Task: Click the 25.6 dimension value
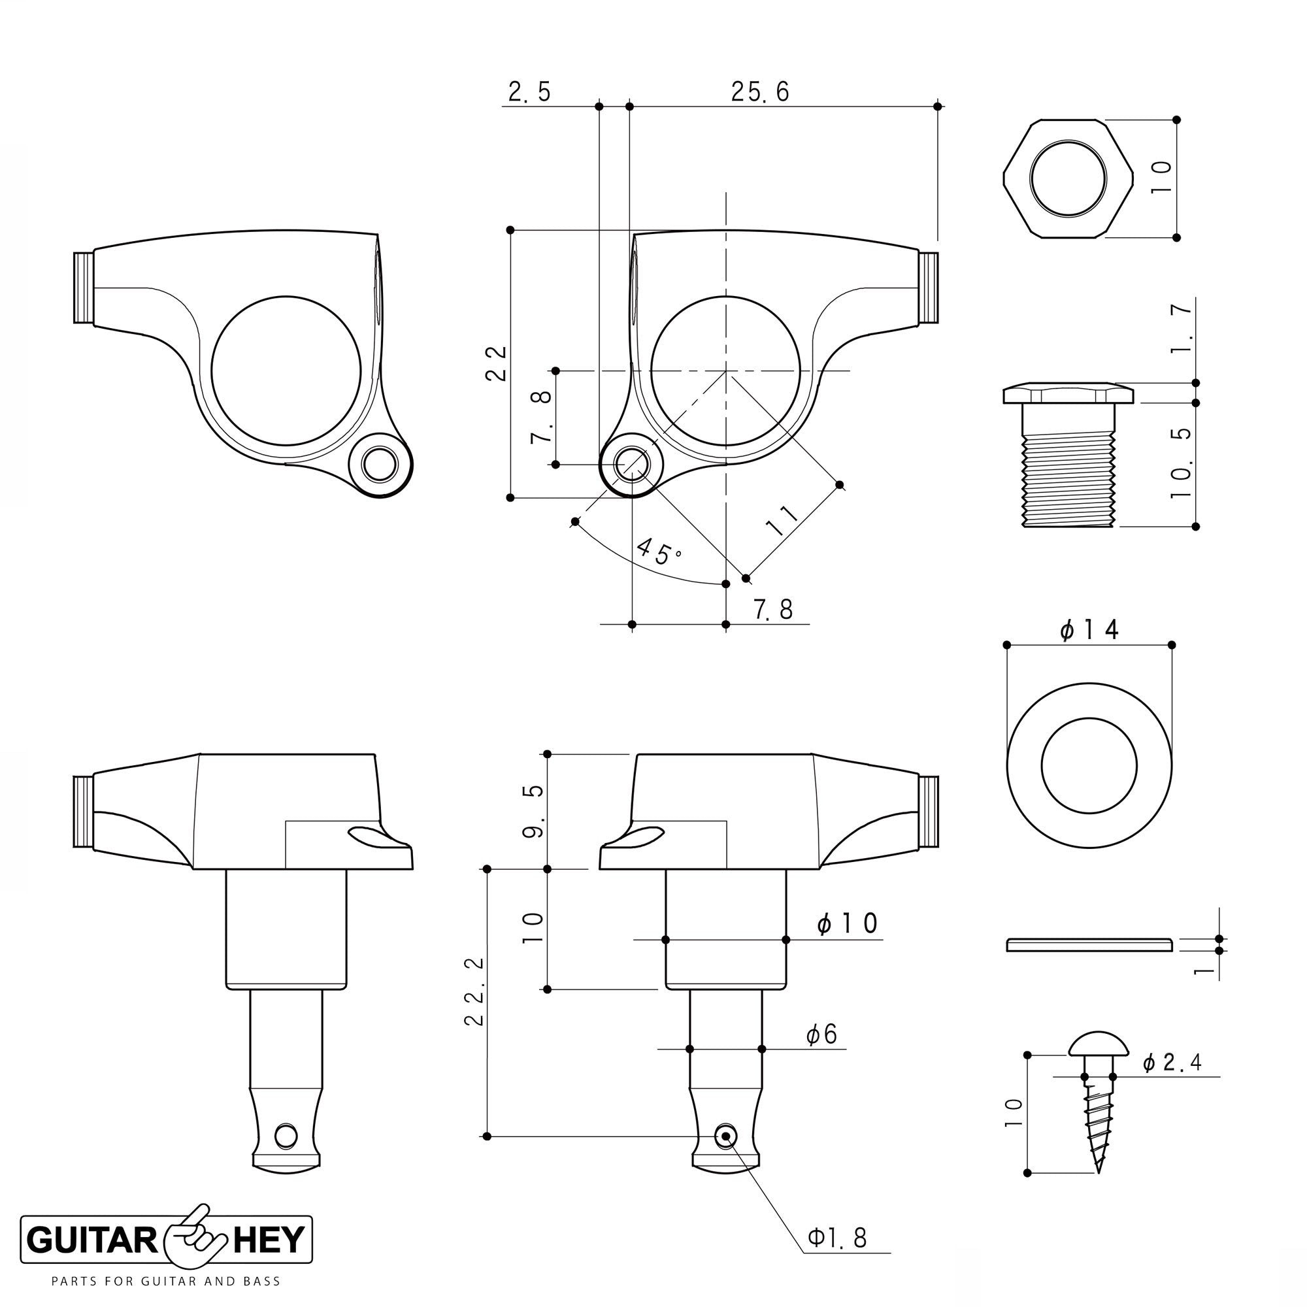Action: coord(760,92)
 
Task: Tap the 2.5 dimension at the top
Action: coord(530,92)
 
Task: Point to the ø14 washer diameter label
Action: coord(1090,630)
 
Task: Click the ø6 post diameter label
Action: coord(821,1034)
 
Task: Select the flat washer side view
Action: coord(1089,944)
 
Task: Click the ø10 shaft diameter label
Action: coord(847,923)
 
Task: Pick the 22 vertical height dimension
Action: coord(497,363)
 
